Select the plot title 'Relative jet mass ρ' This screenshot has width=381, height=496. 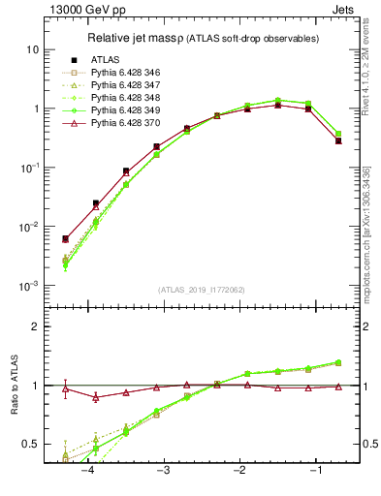click(x=145, y=38)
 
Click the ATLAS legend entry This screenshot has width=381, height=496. click(x=106, y=59)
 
